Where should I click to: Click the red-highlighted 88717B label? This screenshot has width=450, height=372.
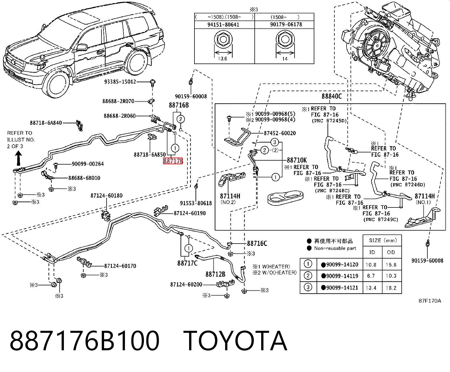[x=173, y=161]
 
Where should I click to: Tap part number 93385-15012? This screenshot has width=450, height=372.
[x=120, y=82]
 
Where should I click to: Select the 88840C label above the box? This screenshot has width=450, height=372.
[x=332, y=96]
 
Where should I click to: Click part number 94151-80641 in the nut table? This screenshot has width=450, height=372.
[x=223, y=25]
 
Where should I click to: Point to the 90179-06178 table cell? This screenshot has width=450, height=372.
[x=286, y=25]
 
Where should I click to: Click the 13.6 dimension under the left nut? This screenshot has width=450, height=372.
[x=222, y=58]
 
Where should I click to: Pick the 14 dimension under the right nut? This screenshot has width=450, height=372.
[x=285, y=59]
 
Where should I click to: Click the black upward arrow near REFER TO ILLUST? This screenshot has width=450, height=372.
[x=19, y=158]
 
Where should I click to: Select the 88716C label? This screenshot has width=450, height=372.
[x=257, y=244]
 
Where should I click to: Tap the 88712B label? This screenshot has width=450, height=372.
[x=215, y=274]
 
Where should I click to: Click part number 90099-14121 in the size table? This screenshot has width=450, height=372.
[x=342, y=288]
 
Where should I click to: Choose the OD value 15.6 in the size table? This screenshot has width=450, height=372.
[x=391, y=264]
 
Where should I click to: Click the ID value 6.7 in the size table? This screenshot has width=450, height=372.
[x=371, y=276]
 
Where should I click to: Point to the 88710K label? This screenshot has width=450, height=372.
[x=297, y=160]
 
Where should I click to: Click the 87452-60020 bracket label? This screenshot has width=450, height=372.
[x=280, y=133]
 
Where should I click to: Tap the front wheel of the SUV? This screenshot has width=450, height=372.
[x=58, y=83]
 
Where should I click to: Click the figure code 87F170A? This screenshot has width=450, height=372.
[x=430, y=301]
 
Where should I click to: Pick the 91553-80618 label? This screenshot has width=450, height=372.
[x=196, y=203]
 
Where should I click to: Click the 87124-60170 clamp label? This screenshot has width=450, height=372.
[x=120, y=266]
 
